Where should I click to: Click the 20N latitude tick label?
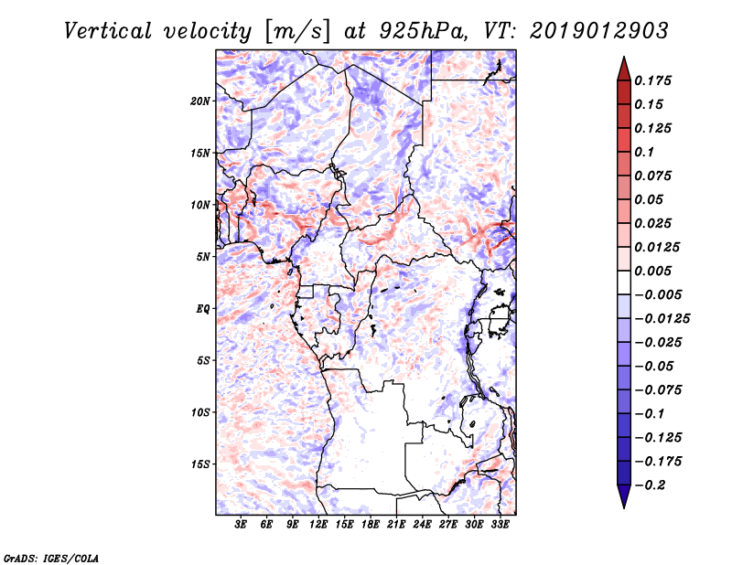(200, 101)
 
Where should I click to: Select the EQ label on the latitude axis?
(202, 309)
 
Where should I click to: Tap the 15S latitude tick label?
(200, 464)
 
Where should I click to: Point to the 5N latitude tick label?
(203, 257)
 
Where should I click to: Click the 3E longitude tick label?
(241, 525)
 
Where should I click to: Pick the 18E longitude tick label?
(371, 525)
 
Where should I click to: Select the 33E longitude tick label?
(500, 525)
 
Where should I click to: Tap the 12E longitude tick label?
(318, 525)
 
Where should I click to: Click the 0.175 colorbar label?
(652, 80)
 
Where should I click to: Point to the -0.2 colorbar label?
(650, 485)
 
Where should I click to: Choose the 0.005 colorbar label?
(652, 271)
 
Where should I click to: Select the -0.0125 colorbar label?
(662, 319)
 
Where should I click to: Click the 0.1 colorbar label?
(644, 152)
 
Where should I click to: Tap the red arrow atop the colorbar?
(624, 69)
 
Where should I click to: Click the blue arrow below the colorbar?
(624, 496)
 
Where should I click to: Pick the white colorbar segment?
(624, 282)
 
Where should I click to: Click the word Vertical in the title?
(107, 31)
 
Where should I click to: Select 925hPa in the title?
(424, 31)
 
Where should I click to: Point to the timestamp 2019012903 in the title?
(599, 31)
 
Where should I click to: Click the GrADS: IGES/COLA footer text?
(51, 559)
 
